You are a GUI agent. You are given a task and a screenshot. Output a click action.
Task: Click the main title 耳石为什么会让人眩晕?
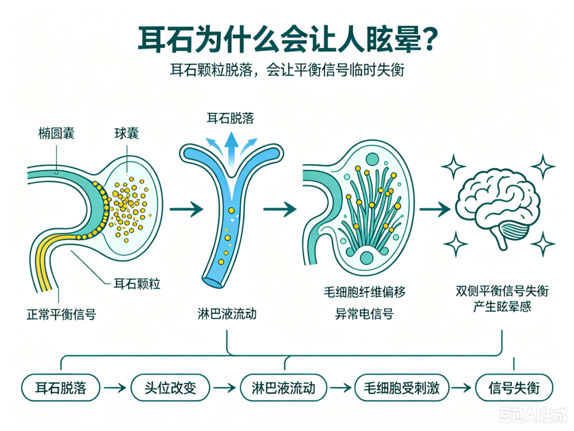[288, 39]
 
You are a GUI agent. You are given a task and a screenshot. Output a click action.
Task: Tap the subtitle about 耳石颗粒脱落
[288, 70]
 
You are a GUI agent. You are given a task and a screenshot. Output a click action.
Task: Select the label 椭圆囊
[56, 133]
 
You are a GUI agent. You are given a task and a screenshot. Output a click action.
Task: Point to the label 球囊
[126, 133]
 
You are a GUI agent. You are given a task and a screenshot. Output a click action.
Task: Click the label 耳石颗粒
[137, 284]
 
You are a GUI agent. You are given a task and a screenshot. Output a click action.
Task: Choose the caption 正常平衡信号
[62, 314]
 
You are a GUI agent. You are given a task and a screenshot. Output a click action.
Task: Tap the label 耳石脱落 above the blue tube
[231, 118]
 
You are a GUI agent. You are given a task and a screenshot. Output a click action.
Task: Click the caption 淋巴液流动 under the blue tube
[227, 314]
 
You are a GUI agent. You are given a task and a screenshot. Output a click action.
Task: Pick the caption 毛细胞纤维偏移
[365, 292]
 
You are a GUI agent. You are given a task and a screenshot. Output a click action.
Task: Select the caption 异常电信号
[365, 314]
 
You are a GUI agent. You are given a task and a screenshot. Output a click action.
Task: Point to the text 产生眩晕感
[502, 306]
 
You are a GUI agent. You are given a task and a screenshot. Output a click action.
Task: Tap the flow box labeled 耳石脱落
[61, 388]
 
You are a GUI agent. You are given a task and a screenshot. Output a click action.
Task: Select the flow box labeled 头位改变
[171, 388]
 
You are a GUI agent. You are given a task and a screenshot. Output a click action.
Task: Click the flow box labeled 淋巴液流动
[283, 388]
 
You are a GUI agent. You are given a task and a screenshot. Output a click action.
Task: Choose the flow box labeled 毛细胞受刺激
[402, 388]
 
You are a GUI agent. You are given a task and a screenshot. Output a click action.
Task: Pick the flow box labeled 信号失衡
[514, 388]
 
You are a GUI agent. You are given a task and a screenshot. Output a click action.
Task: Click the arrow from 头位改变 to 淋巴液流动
[225, 388]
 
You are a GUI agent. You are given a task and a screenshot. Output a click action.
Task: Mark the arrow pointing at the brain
[435, 209]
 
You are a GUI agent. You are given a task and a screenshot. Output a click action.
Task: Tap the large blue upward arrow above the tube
[231, 150]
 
